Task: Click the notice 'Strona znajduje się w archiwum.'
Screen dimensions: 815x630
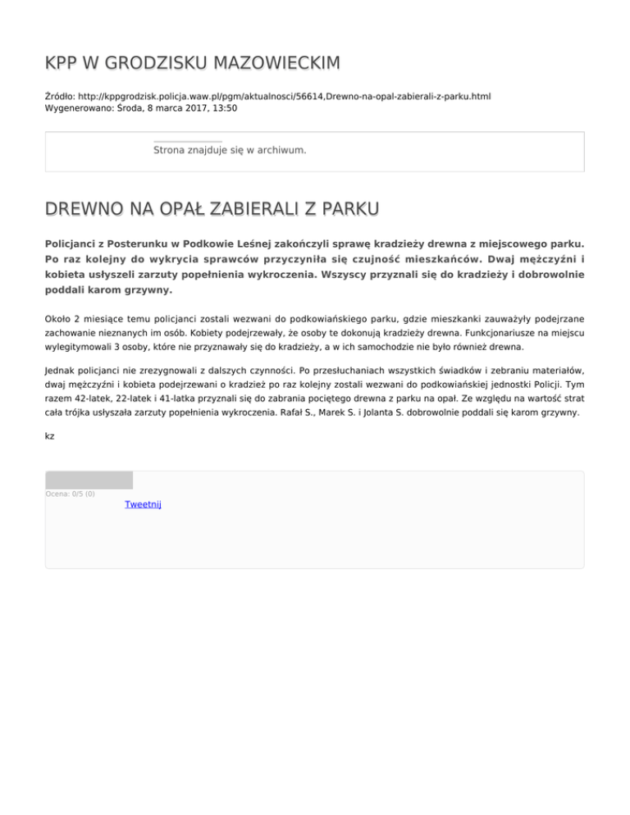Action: tap(230, 151)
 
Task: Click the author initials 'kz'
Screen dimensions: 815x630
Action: tap(50, 436)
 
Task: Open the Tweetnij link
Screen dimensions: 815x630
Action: tap(143, 504)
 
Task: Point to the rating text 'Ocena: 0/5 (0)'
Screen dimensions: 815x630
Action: tap(71, 494)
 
